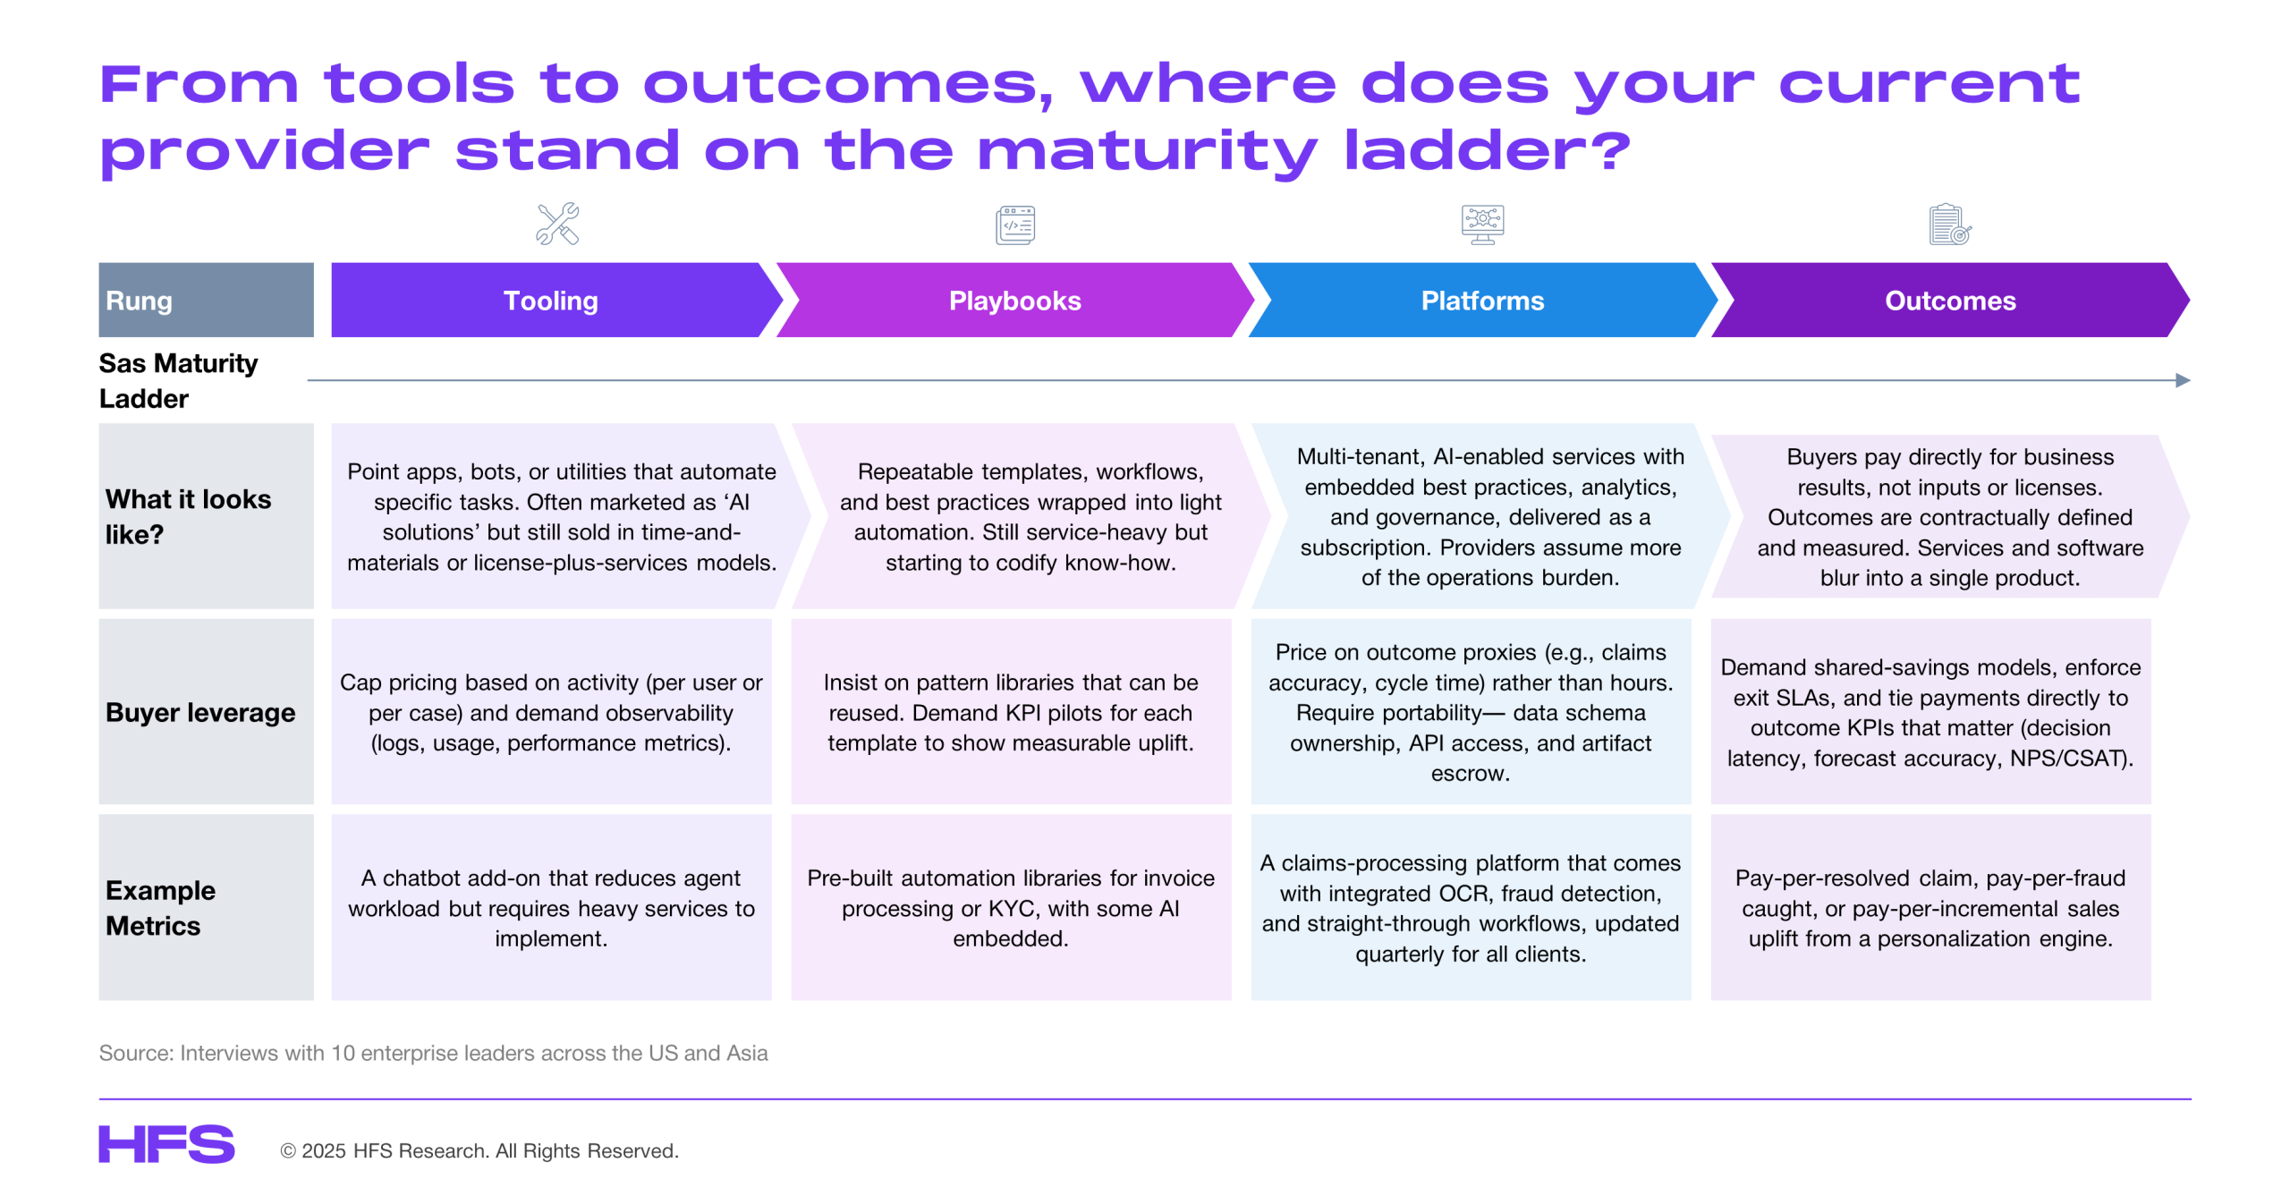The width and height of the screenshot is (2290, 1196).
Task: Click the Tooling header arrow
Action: (x=555, y=300)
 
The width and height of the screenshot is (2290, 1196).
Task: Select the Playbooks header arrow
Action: (x=1015, y=300)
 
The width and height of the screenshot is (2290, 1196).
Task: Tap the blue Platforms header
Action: (x=1482, y=300)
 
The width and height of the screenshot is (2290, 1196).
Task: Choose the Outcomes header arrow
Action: (x=1950, y=300)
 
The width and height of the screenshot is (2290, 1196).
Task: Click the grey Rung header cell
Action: (x=206, y=300)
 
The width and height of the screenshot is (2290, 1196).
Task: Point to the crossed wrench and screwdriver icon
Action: (x=557, y=224)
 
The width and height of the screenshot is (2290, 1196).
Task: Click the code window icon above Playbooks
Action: (x=1015, y=225)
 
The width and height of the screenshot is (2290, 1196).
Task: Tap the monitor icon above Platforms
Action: (x=1482, y=225)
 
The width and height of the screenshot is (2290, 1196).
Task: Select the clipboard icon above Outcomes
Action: (x=1950, y=225)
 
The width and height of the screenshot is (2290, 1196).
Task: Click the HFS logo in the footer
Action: (x=166, y=1144)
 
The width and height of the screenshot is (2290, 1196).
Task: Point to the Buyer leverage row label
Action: (x=200, y=712)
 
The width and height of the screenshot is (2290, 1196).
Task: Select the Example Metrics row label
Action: (x=161, y=908)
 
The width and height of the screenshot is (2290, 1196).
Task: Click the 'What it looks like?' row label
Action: (x=188, y=516)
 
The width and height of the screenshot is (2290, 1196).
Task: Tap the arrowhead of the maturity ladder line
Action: (x=2184, y=380)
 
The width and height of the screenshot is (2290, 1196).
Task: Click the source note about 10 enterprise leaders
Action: (x=433, y=1053)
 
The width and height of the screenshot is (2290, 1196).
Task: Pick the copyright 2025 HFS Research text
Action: (x=479, y=1150)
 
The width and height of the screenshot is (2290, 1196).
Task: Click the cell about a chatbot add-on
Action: (x=551, y=907)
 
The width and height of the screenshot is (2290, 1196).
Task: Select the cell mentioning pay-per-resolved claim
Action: (x=1930, y=907)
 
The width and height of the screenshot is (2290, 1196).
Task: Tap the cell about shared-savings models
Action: (x=1930, y=712)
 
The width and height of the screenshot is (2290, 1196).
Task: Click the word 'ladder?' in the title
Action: (x=1488, y=150)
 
